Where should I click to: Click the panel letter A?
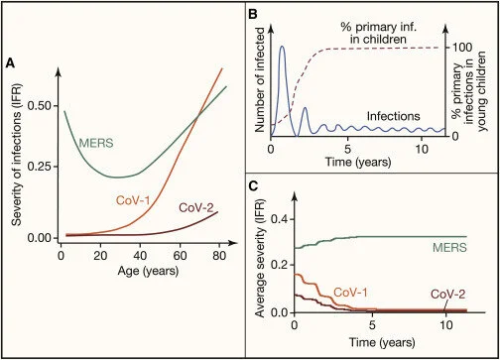pos(10,63)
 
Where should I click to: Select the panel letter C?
pos(252,184)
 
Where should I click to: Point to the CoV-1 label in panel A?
pos(135,202)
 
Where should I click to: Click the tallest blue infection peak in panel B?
pos(283,47)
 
